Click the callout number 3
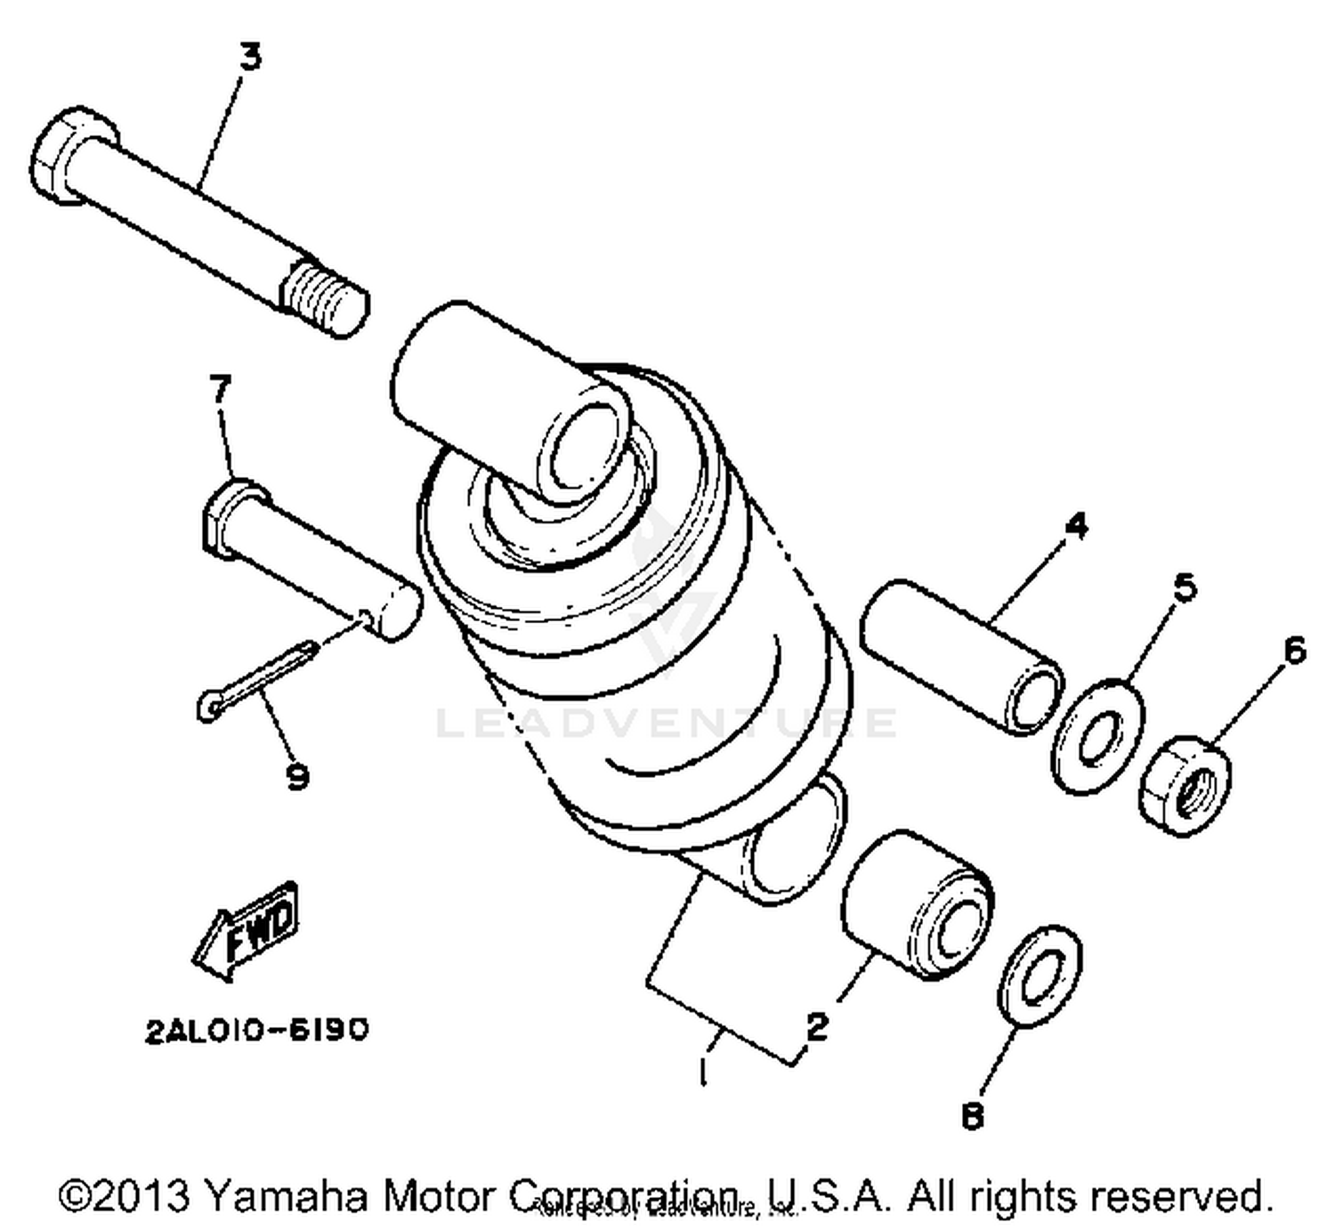(x=251, y=57)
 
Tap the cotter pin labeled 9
(x=254, y=683)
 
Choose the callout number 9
(x=296, y=777)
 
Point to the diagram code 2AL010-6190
(x=256, y=1030)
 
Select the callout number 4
(x=1076, y=526)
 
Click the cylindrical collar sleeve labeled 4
(x=961, y=657)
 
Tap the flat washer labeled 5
(x=1099, y=735)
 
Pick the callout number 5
(x=1185, y=588)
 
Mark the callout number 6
(x=1295, y=651)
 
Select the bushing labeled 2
(x=917, y=905)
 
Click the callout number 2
(x=816, y=1027)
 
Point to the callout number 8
(x=973, y=1115)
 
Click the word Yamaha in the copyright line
(x=286, y=1195)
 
